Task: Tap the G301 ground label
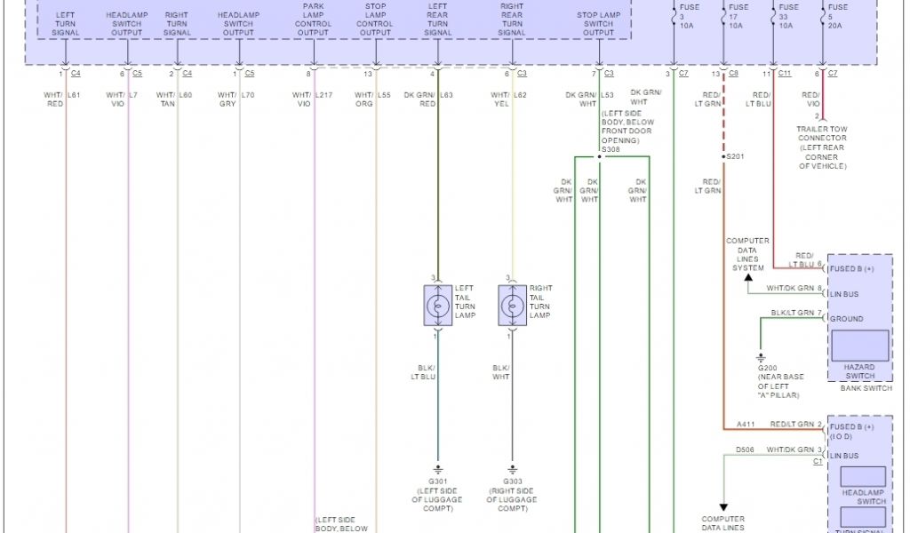[436, 481]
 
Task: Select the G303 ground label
[512, 481]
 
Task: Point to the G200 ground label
[767, 367]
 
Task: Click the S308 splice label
[610, 150]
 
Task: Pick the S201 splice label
[734, 156]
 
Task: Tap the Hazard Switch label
[859, 371]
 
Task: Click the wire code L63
[446, 94]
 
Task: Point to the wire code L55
[384, 94]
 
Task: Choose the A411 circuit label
[745, 426]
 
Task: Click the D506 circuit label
[745, 450]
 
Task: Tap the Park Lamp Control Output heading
[313, 20]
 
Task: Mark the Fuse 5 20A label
[833, 17]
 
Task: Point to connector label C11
[785, 74]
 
